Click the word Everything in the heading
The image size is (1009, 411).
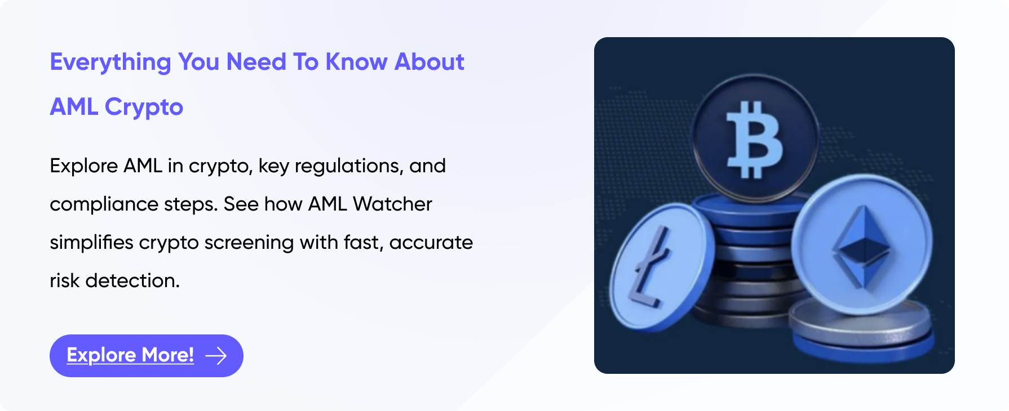(110, 62)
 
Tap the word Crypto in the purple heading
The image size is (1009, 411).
(144, 108)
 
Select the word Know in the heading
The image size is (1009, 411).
(356, 61)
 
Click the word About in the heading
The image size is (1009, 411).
(430, 61)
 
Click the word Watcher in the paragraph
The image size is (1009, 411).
(392, 204)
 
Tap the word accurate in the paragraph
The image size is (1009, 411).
(431, 243)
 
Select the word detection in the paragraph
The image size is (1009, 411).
(132, 280)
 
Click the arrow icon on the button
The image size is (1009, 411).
(216, 356)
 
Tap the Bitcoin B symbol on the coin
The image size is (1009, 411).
(754, 140)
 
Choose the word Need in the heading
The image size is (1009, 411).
(256, 61)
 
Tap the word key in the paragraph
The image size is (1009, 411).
(273, 167)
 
